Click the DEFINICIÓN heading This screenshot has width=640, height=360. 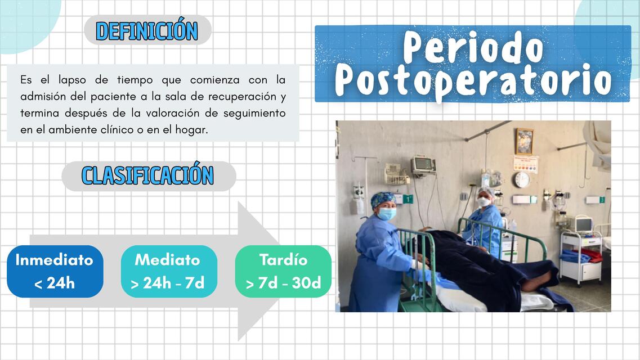pyautogui.click(x=147, y=31)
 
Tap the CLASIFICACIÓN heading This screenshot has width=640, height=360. pyautogui.click(x=147, y=175)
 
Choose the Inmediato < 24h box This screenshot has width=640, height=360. pyautogui.click(x=55, y=271)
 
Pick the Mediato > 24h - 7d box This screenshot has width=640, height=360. pyautogui.click(x=168, y=271)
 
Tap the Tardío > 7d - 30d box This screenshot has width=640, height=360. pyautogui.click(x=283, y=271)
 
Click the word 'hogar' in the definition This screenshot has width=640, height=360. pyautogui.click(x=193, y=129)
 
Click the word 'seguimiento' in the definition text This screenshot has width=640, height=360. pyautogui.click(x=254, y=113)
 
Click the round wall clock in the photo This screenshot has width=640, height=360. pyautogui.click(x=522, y=179)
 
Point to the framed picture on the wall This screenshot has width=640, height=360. pyautogui.click(x=524, y=141)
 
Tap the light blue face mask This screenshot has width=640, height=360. pyautogui.click(x=387, y=214)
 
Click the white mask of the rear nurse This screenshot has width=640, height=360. pyautogui.click(x=483, y=202)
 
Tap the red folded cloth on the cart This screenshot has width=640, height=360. pyautogui.click(x=591, y=254)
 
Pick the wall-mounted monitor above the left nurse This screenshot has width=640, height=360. pyautogui.click(x=423, y=165)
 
